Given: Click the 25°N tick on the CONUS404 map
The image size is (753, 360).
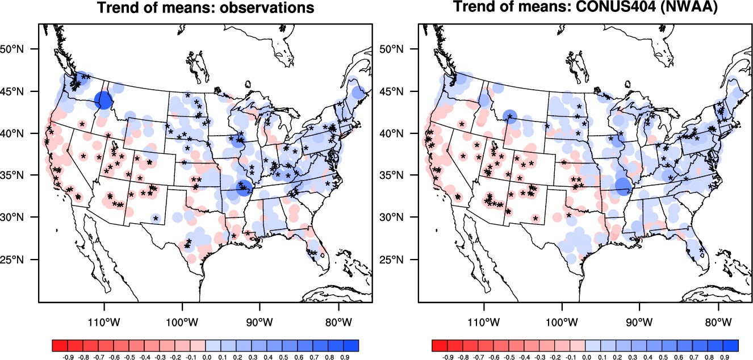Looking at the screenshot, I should [402, 260].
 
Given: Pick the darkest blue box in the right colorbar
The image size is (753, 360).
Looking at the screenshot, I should [731, 345].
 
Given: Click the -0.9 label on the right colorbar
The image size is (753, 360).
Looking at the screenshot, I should [447, 358].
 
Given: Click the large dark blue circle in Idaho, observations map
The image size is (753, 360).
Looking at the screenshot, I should [104, 101].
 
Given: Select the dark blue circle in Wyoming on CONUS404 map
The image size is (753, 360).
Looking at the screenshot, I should [509, 116].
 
